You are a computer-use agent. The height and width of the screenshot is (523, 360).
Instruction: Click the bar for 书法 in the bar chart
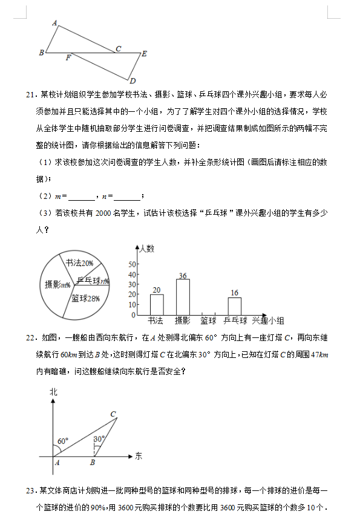pos(157,304)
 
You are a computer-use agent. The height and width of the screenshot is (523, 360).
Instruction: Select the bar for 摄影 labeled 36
pos(183,296)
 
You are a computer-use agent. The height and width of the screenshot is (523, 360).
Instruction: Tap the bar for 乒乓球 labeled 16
pos(234,306)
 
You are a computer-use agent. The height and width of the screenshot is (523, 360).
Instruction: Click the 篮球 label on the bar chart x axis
pos(208,320)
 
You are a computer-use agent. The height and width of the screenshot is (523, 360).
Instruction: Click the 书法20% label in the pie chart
pos(79,263)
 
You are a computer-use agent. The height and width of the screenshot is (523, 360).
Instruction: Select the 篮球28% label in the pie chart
pos(85,298)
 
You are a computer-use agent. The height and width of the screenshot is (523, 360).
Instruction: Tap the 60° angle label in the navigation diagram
pos(63,441)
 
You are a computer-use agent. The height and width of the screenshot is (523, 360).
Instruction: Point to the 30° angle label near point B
pos(99,438)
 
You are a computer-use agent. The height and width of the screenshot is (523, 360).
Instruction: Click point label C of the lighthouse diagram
pos(113,414)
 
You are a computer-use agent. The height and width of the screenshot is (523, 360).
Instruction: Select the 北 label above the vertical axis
pos(53,392)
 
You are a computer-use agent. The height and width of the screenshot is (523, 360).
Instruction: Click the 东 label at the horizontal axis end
pos(139,455)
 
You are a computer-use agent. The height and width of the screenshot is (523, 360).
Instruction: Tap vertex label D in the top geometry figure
pos(132,81)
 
